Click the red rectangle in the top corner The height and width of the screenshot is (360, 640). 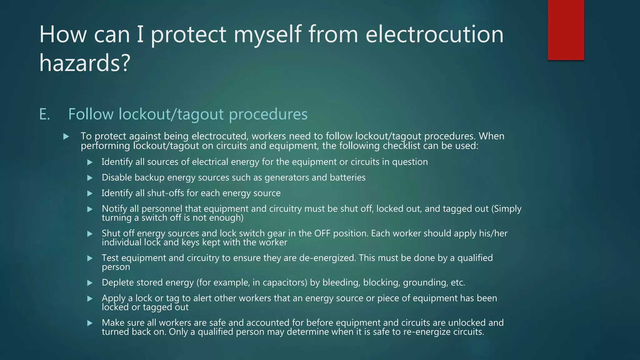tap(566, 30)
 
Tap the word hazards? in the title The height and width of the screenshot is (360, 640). tap(84, 62)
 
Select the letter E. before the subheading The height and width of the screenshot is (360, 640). tap(44, 114)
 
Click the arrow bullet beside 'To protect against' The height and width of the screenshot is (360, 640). tap(66, 137)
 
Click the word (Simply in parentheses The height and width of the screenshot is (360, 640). tap(506, 209)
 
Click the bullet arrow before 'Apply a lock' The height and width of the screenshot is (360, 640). tap(90, 299)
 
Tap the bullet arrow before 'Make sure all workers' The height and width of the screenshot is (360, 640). tap(90, 323)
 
